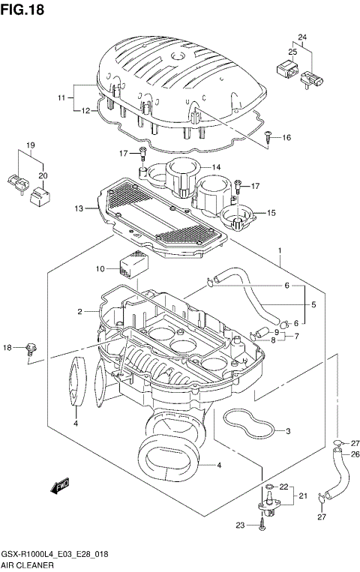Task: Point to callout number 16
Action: [286, 138]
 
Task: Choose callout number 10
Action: [100, 268]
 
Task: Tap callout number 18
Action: [7, 347]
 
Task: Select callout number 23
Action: [241, 526]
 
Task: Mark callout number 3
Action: [287, 431]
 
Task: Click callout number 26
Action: [334, 454]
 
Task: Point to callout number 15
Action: [271, 213]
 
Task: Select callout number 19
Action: [31, 145]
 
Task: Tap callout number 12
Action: [85, 111]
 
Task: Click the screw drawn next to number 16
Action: [268, 137]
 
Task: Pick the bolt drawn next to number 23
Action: [259, 526]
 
